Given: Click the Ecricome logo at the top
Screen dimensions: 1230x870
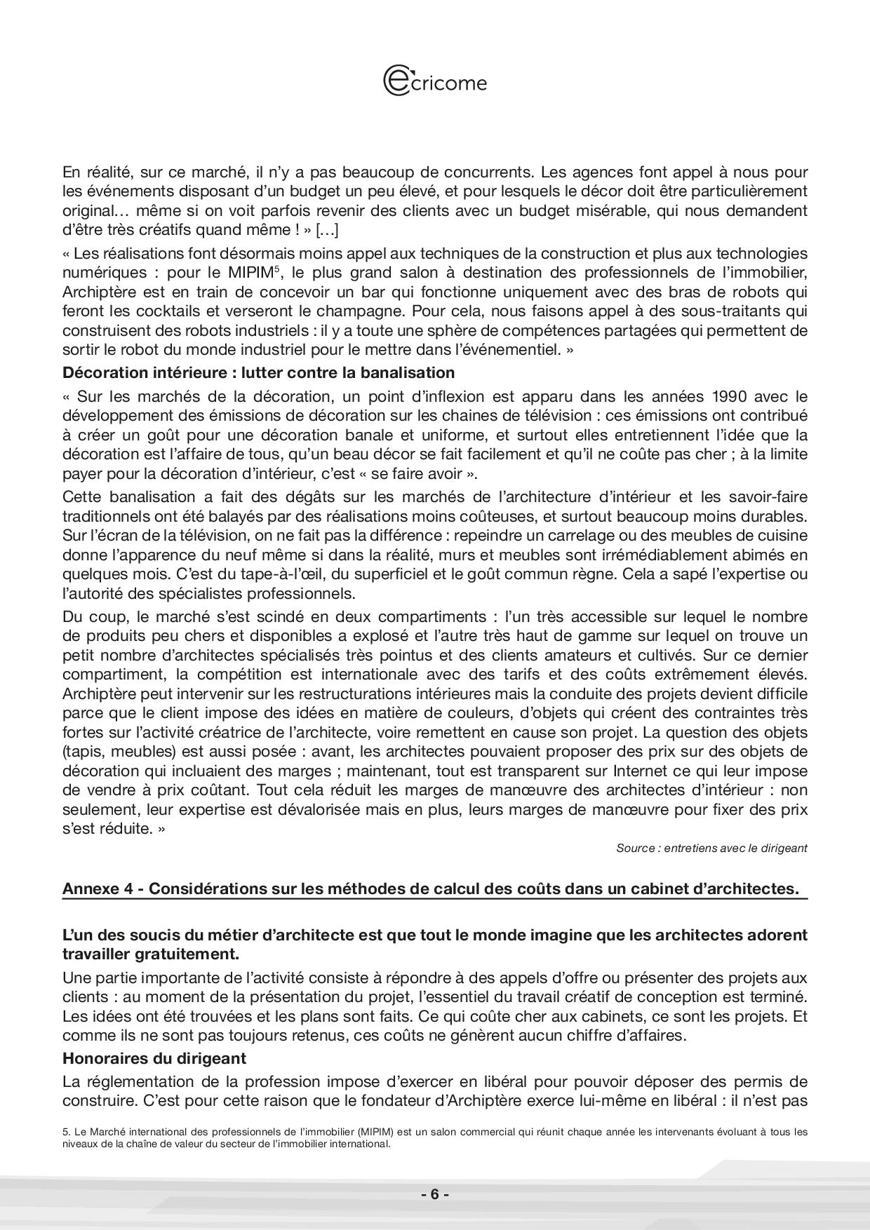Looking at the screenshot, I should coord(434,81).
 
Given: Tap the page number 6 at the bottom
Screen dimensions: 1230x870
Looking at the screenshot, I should coord(434,1194).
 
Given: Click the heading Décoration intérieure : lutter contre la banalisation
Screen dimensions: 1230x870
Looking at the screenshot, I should coord(258,372).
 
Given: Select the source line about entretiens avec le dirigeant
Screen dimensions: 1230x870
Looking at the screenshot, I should coord(711,848).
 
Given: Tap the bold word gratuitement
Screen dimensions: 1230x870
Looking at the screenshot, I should coord(180,954).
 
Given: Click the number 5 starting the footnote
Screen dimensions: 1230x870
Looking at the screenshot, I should coord(65,1132).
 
